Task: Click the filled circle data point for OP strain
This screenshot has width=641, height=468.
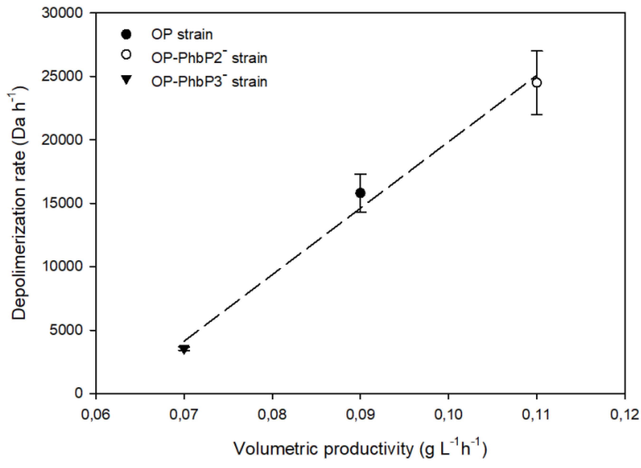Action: coord(360,193)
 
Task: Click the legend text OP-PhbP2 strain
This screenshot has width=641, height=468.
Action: coord(209,58)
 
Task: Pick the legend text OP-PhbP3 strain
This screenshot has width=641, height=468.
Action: coord(209,82)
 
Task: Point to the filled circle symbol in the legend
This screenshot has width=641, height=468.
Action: coord(126,35)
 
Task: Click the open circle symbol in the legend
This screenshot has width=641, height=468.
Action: coord(126,54)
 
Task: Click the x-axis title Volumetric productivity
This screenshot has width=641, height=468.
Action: coord(360,449)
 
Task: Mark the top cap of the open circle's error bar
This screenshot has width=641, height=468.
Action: coord(536,51)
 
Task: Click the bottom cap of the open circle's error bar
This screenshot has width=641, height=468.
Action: coord(536,114)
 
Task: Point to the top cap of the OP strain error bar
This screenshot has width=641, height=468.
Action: coord(360,174)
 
